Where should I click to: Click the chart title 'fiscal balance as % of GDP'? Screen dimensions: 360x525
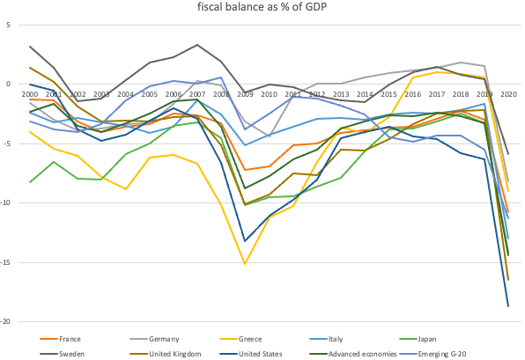[262, 8]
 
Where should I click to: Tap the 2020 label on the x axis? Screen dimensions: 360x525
[507, 94]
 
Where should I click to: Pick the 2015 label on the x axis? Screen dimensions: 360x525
[388, 94]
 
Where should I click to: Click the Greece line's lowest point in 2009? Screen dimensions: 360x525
[245, 264]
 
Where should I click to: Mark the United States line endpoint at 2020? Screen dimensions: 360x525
[507, 306]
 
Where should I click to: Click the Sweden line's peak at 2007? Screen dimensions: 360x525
[197, 45]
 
